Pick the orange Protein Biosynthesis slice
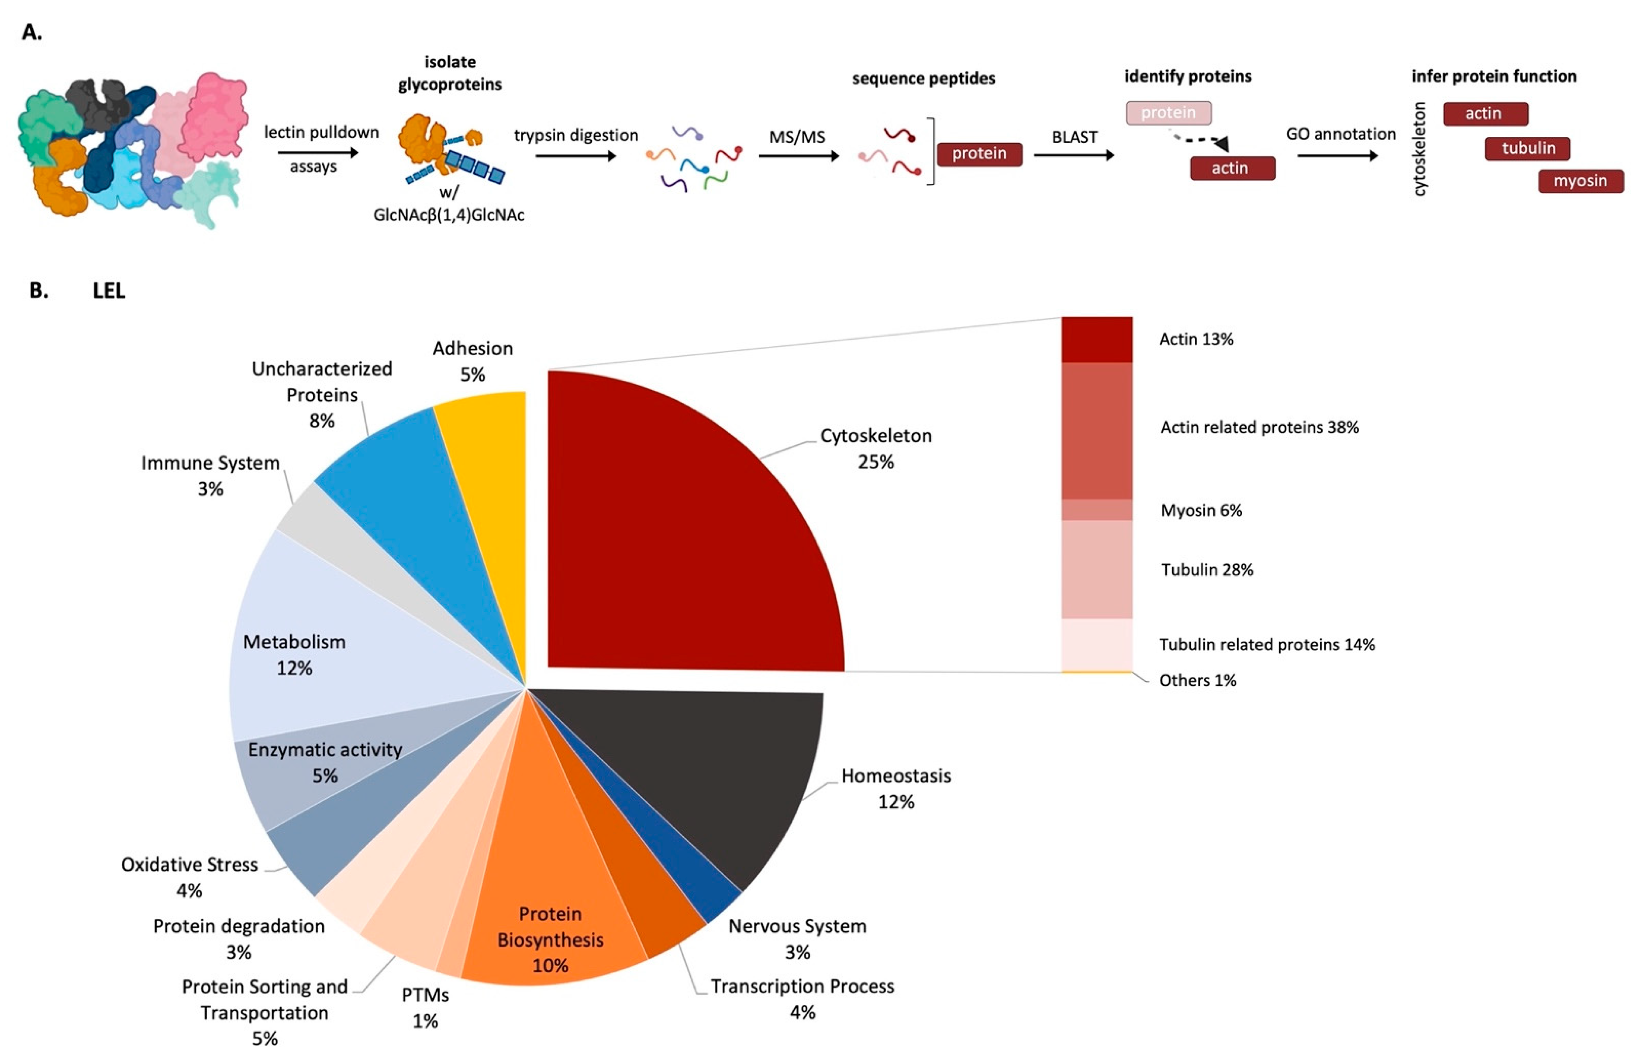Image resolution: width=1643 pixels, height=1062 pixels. [x=552, y=897]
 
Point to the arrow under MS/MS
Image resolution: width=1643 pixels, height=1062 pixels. [x=798, y=156]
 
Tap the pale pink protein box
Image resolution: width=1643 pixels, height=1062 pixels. [x=1168, y=112]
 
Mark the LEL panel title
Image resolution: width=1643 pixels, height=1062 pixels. [x=109, y=291]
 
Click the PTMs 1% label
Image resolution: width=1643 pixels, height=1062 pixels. [x=425, y=1008]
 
